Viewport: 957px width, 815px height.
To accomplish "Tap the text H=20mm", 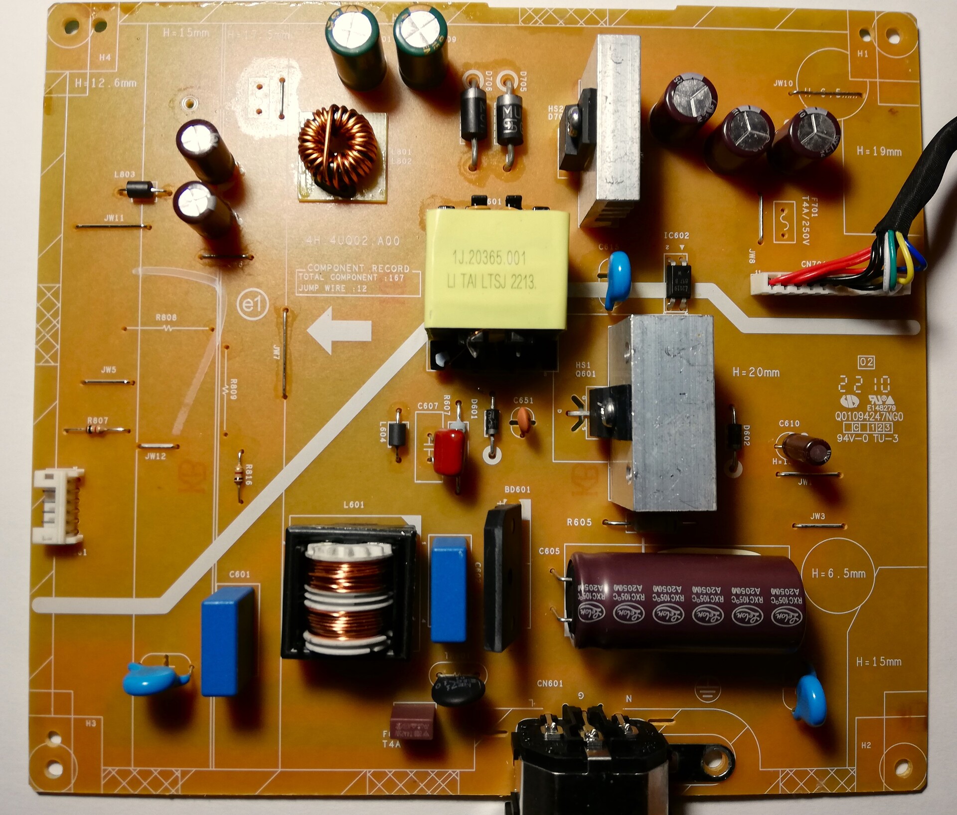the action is coord(756,372).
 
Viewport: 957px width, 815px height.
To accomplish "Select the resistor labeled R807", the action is coord(98,430).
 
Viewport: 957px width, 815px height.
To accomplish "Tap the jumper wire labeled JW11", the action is coord(113,226).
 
